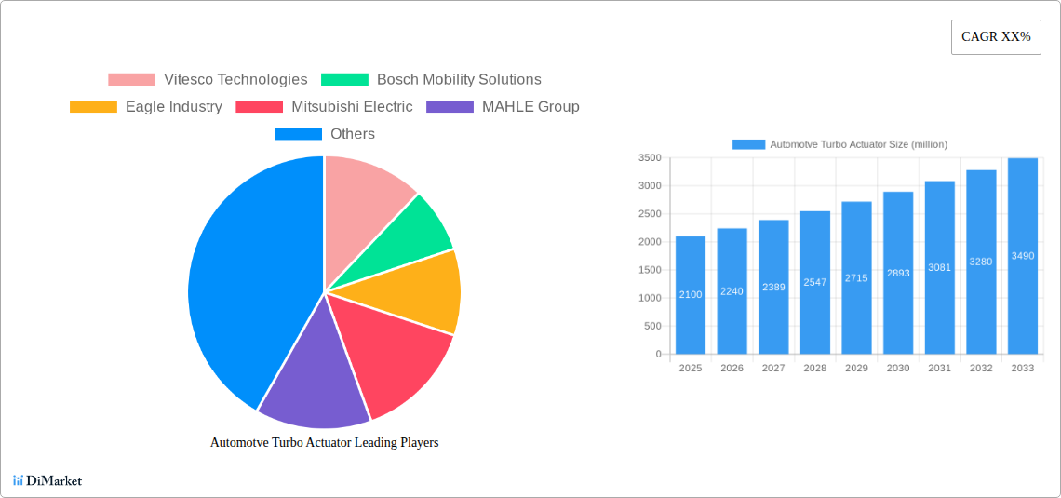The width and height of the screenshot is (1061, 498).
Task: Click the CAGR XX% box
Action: [x=996, y=37]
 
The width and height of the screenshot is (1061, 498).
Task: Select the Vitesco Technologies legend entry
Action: [x=208, y=80]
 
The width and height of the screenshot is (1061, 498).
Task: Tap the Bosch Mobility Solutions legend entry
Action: [x=431, y=80]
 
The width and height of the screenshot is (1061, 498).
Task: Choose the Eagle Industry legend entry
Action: [x=146, y=107]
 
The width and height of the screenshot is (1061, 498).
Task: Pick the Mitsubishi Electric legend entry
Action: [x=324, y=107]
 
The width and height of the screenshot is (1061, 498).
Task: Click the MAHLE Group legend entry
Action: [x=503, y=107]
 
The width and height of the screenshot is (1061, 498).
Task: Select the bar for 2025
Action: [x=691, y=295]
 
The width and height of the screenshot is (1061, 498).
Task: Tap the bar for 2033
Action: [x=1022, y=256]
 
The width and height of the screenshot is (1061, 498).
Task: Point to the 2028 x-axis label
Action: [x=814, y=369]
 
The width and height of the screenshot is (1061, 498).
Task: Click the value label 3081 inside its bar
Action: [x=939, y=268]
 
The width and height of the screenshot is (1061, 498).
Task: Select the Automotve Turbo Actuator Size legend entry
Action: [x=839, y=144]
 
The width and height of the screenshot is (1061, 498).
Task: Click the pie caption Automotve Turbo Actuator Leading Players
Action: [x=324, y=443]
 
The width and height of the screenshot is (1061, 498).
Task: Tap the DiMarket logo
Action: [x=47, y=481]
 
